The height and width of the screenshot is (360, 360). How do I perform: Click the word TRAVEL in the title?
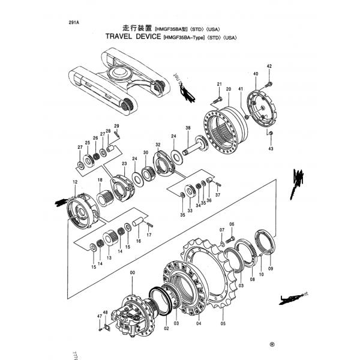(124, 37)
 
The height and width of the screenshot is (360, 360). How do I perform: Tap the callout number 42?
(269, 66)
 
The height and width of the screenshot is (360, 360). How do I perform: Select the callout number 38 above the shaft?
(188, 128)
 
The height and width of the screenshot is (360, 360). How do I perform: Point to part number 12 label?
(75, 182)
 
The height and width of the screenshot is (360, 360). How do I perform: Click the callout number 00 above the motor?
(133, 274)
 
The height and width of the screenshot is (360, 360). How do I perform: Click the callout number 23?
(124, 164)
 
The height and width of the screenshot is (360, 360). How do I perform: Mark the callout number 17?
(149, 235)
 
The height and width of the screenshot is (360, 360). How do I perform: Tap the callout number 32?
(158, 145)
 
